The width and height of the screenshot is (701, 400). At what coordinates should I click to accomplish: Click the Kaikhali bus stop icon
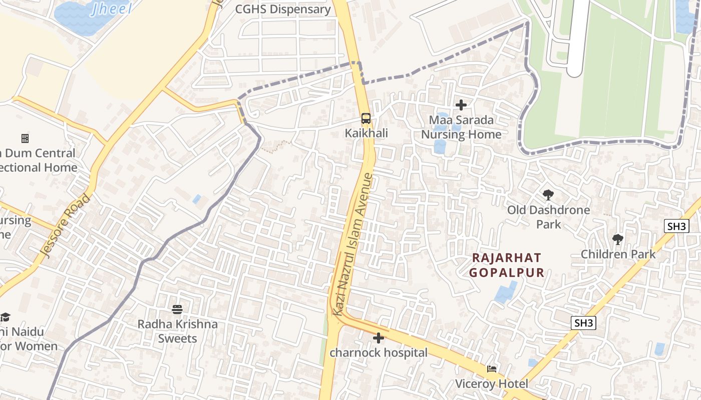(x=366, y=118)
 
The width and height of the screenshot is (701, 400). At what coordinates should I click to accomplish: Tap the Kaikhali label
(x=366, y=133)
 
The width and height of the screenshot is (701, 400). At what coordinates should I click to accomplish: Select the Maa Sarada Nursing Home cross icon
(x=461, y=105)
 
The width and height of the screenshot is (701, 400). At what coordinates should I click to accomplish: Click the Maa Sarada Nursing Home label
(x=461, y=127)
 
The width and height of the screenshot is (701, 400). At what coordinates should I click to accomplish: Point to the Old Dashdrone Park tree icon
(x=548, y=195)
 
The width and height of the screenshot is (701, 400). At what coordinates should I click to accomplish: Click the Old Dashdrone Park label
(x=548, y=216)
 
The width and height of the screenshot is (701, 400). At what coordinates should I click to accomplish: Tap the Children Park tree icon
(x=618, y=239)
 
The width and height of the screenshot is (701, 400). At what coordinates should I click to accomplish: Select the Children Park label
(x=618, y=254)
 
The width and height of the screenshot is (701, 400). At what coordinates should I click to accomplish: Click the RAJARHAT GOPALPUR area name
(x=507, y=265)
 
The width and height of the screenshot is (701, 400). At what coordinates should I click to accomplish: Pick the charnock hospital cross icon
(x=379, y=338)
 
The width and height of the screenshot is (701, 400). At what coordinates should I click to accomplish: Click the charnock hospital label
(x=379, y=352)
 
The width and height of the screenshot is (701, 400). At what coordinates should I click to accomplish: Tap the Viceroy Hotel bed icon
(x=492, y=369)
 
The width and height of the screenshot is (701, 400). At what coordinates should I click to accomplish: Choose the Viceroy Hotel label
(x=492, y=383)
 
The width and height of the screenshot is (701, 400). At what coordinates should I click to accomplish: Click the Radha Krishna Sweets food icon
(x=177, y=309)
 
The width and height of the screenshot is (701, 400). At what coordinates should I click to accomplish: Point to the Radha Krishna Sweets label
(x=178, y=331)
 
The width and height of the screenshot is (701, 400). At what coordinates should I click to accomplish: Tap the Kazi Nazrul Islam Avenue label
(x=354, y=244)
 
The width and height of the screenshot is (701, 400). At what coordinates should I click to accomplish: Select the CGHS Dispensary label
(x=283, y=9)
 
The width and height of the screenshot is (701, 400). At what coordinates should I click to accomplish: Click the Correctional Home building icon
(x=25, y=138)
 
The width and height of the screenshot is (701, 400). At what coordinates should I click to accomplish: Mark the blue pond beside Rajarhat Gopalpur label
(x=506, y=292)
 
